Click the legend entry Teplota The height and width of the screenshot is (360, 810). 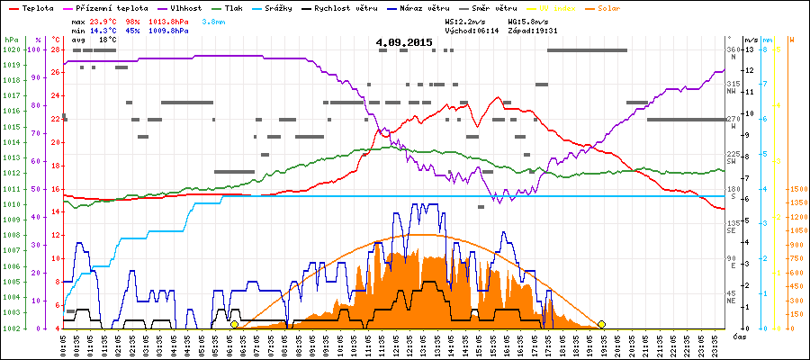[x=32, y=8]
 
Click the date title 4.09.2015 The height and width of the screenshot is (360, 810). [x=404, y=42]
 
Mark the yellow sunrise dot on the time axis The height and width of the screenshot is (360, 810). [x=234, y=324]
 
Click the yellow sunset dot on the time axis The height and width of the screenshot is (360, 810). [x=601, y=324]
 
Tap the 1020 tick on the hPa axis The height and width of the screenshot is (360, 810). [x=11, y=49]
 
